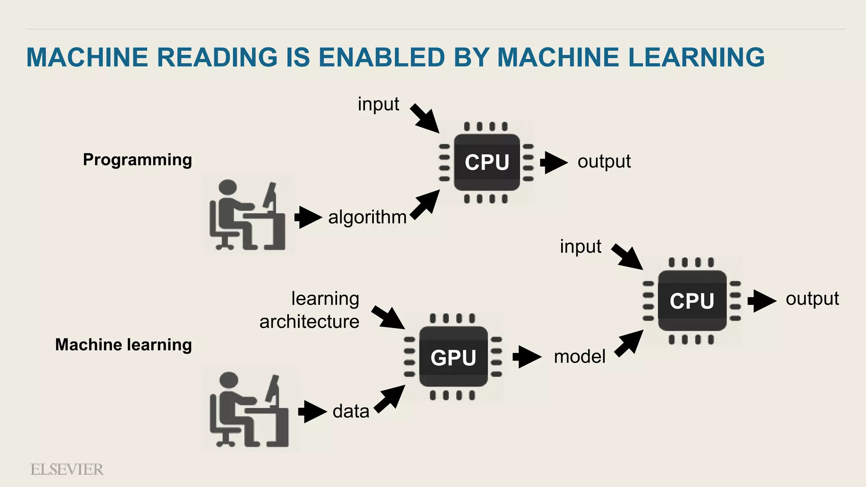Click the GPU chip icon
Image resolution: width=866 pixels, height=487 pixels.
(453, 357)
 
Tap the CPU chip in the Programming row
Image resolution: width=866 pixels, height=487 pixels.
(487, 162)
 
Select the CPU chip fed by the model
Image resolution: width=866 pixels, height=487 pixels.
(692, 301)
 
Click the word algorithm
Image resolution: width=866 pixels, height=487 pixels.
(367, 217)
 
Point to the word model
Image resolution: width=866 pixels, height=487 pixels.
(579, 357)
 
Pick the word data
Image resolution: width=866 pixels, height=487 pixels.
(351, 411)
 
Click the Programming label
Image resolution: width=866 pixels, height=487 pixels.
(137, 160)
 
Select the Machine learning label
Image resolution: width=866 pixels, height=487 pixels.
(123, 345)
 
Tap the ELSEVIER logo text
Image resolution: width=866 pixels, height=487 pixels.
(67, 470)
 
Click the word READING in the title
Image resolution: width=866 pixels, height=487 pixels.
(217, 57)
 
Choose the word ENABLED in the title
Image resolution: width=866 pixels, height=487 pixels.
(381, 57)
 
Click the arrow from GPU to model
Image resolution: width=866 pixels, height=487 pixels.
(526, 357)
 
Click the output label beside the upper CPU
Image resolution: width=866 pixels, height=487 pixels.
(604, 161)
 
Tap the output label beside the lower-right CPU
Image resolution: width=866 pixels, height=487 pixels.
(812, 299)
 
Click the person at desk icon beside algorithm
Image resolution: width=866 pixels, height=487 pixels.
(247, 215)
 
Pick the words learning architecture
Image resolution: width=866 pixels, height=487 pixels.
(310, 310)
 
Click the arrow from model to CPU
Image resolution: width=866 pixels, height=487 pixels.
(629, 343)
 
